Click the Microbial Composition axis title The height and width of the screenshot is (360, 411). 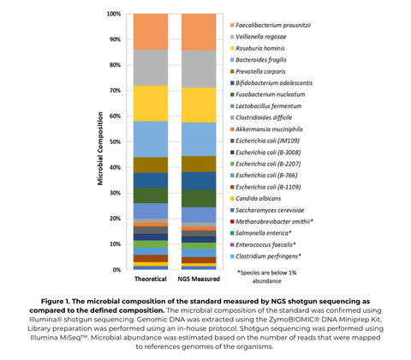coord(99,142)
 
